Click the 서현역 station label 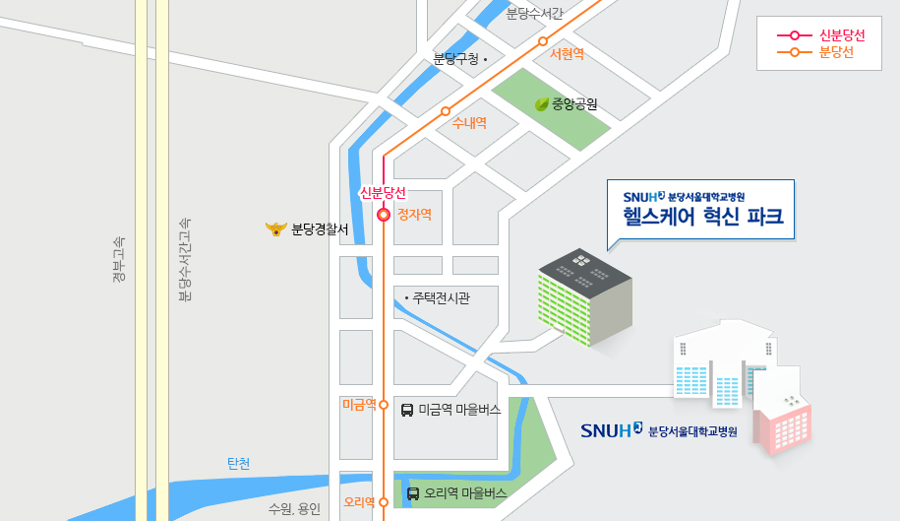click(568, 54)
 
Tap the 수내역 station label click(469, 123)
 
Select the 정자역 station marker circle click(384, 215)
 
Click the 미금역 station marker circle click(384, 405)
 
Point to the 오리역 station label click(358, 502)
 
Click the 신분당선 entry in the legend click(841, 35)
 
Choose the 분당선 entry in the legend click(835, 53)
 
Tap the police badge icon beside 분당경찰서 click(275, 229)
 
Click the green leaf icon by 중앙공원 click(541, 103)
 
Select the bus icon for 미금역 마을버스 click(407, 409)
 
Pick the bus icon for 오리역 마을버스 click(413, 493)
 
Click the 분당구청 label click(454, 60)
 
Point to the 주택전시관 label click(441, 297)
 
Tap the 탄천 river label click(239, 464)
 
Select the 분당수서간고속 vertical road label click(184, 259)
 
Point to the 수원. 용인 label click(294, 509)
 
